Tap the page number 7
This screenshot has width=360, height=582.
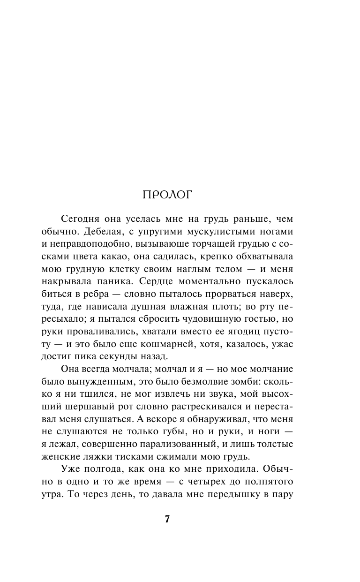[167, 519]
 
